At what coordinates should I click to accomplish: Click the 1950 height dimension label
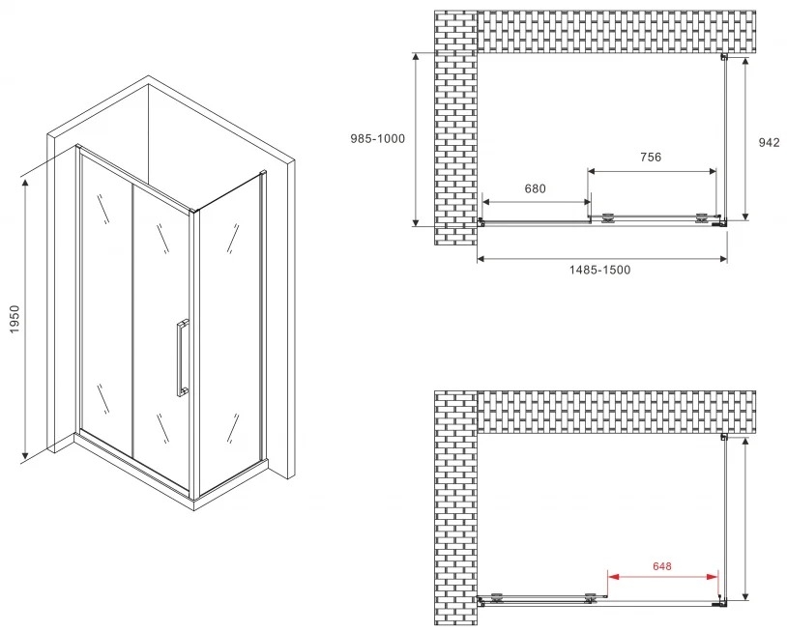[15, 319]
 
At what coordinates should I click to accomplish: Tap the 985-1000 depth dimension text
[377, 138]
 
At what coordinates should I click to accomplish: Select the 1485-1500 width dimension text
[599, 270]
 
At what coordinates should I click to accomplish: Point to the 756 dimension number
[651, 157]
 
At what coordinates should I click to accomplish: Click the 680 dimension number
[535, 188]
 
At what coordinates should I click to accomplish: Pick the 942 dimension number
[769, 142]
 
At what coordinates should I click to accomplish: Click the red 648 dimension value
[662, 566]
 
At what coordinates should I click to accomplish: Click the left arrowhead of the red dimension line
[613, 577]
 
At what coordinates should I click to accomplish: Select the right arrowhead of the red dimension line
[713, 577]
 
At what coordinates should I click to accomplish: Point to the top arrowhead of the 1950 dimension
[25, 182]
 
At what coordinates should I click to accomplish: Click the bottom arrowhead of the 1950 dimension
[25, 454]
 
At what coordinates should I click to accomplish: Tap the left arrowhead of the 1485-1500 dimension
[481, 259]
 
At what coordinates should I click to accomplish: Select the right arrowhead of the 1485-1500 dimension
[723, 259]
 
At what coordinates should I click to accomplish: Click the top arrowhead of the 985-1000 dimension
[416, 57]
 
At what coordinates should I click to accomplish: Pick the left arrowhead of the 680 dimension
[486, 202]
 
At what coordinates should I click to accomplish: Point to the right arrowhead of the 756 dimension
[713, 172]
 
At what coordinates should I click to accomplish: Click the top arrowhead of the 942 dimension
[745, 63]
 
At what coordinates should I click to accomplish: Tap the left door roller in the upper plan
[608, 217]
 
